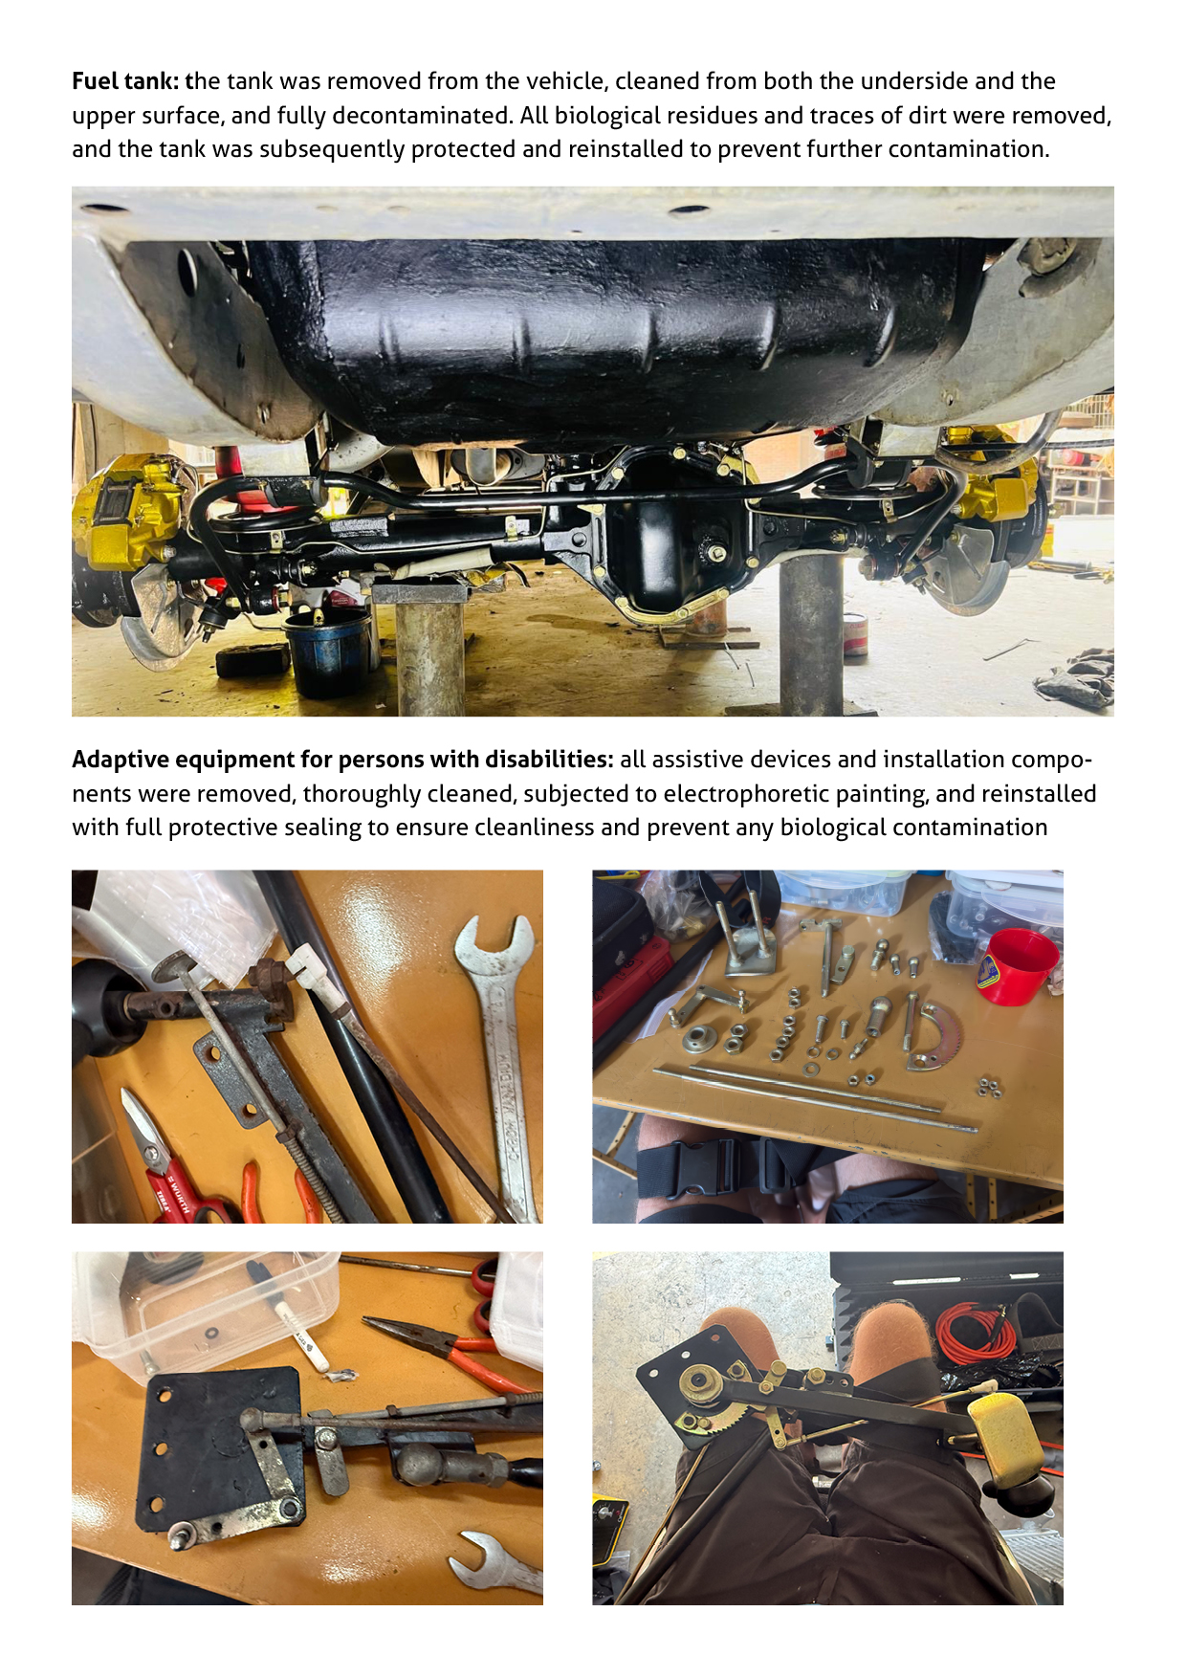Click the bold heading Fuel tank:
pyautogui.click(x=125, y=81)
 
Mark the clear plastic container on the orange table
pyautogui.click(x=206, y=1311)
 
